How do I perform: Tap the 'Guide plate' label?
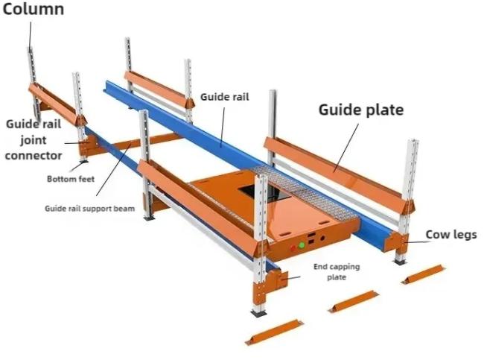pyautogui.click(x=361, y=110)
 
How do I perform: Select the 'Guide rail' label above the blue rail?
pyautogui.click(x=224, y=96)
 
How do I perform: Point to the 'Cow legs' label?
pyautogui.click(x=450, y=235)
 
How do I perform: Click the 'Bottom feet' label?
pyautogui.click(x=70, y=179)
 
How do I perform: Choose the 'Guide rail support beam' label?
pyautogui.click(x=89, y=209)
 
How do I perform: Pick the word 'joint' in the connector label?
pyautogui.click(x=34, y=140)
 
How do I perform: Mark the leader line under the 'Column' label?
pyautogui.click(x=31, y=34)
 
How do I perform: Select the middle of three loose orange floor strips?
pyautogui.click(x=354, y=300)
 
